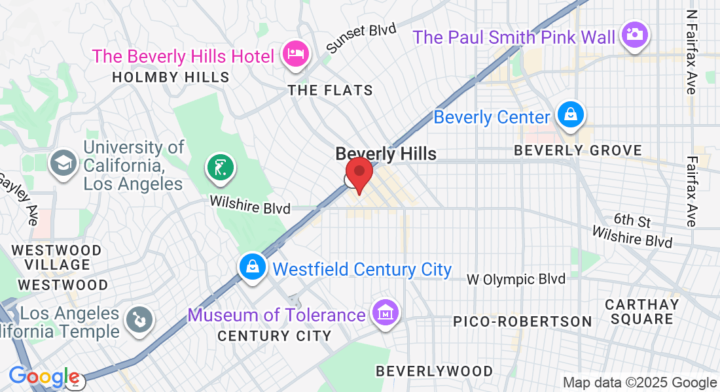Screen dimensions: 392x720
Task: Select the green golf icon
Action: [x=221, y=167]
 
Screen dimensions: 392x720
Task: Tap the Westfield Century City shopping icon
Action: [x=252, y=267]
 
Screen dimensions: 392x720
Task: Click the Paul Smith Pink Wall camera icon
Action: [x=634, y=34]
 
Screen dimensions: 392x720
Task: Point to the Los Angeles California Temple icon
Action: [x=139, y=320]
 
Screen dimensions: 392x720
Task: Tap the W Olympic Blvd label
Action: [x=516, y=280]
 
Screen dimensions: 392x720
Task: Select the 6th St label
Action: [x=632, y=220]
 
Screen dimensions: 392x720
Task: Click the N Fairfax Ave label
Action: [x=691, y=52]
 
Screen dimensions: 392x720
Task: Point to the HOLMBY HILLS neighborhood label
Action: [x=171, y=77]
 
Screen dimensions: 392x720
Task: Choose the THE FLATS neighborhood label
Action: [x=331, y=91]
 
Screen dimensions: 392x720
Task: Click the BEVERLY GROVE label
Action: [x=578, y=151]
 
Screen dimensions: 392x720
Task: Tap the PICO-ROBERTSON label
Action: [x=522, y=321]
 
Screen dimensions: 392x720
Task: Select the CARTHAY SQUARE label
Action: [x=641, y=312]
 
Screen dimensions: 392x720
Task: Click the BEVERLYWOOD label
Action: [x=434, y=371]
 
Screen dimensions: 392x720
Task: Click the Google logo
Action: [x=44, y=377]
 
